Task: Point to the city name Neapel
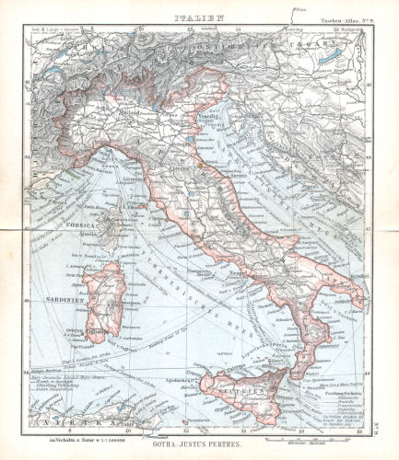(x=241, y=275)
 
